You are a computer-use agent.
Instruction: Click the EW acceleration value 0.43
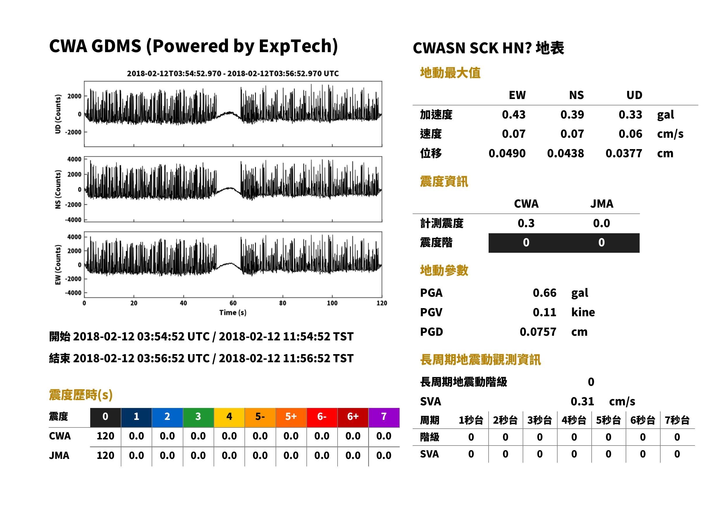coord(513,114)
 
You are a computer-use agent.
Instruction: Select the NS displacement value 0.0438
coord(565,153)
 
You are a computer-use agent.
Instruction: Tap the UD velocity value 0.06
coord(630,134)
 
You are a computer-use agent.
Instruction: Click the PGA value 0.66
coord(544,293)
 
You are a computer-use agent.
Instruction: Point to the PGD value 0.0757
coord(538,332)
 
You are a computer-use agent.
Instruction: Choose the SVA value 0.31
coord(582,401)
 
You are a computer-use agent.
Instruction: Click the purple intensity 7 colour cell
coord(384,417)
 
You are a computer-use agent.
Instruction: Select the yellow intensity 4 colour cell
coord(229,417)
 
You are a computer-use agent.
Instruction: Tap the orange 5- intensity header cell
coord(260,417)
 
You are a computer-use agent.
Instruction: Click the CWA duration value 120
coord(105,436)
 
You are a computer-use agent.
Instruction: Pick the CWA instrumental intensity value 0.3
coord(526,223)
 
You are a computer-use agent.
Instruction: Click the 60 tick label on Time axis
coord(233,303)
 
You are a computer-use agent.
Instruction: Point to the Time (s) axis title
coord(233,313)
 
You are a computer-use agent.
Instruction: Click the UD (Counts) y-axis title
coord(58,114)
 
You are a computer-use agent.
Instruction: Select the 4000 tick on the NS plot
coord(74,159)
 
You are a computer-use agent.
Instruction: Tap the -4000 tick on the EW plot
coord(73,293)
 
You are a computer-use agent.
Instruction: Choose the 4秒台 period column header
coord(574,420)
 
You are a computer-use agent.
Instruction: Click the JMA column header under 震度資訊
coord(602,204)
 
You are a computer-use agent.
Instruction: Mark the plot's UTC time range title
coord(233,74)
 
